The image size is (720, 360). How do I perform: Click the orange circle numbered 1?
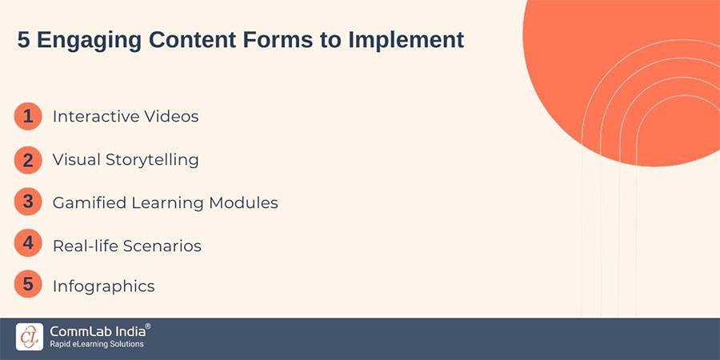[x=28, y=117]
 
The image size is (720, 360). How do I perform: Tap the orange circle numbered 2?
[x=28, y=160]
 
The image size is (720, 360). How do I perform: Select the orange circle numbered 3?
[x=28, y=202]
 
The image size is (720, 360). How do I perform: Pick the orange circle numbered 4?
[x=28, y=244]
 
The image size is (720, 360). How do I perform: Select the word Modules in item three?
[x=244, y=203]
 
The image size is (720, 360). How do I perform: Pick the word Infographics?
[x=104, y=286]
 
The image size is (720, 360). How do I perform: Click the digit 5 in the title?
[x=23, y=41]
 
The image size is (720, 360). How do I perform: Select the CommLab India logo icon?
[x=30, y=336]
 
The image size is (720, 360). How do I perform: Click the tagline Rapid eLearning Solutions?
[x=96, y=344]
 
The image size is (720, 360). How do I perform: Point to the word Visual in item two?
[x=75, y=160]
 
